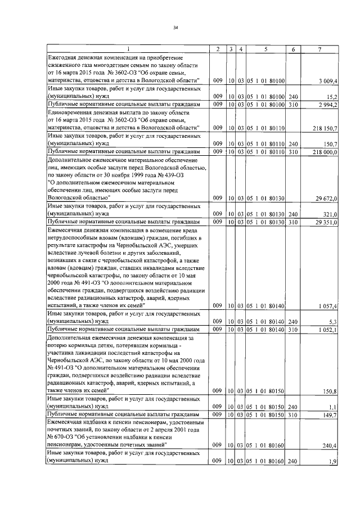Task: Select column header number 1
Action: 129,49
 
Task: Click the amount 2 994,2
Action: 327,105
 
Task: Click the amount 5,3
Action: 333,322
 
